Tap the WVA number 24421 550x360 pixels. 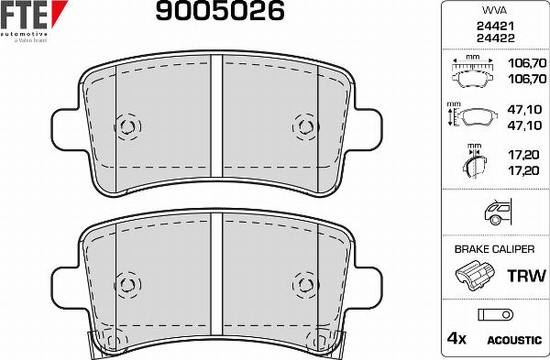point(494,27)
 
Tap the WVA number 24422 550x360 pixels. point(494,39)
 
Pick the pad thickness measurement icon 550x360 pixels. point(473,162)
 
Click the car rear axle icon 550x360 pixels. point(493,213)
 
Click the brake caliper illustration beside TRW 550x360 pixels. point(474,276)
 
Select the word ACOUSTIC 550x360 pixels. point(513,341)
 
